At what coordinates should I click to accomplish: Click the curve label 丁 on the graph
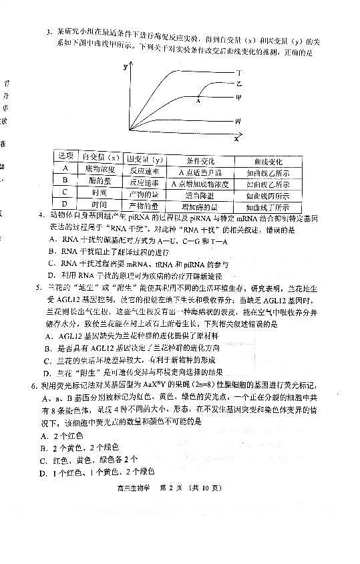pyautogui.click(x=238, y=71)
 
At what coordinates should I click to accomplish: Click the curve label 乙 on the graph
pyautogui.click(x=238, y=84)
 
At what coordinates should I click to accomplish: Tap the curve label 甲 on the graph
pyautogui.click(x=238, y=97)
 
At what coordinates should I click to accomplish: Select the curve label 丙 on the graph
pyautogui.click(x=238, y=121)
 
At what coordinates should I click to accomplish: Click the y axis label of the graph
pyautogui.click(x=125, y=67)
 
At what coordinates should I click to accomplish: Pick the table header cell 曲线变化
pyautogui.click(x=268, y=161)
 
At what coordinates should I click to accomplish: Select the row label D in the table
pyautogui.click(x=65, y=205)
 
